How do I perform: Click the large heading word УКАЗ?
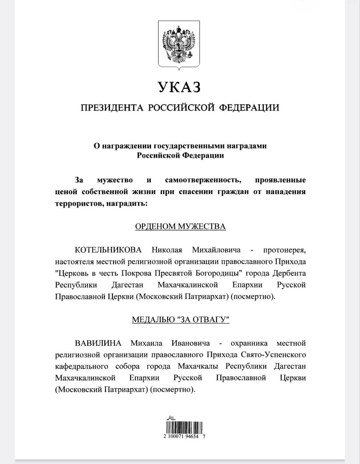(x=179, y=87)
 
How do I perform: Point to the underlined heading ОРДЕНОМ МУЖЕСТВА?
(x=180, y=227)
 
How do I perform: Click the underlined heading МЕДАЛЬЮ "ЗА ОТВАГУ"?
(x=180, y=320)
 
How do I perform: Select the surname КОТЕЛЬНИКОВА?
(x=108, y=250)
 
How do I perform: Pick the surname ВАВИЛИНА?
(x=98, y=343)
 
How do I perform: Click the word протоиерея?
(x=284, y=250)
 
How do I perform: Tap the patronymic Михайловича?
(x=216, y=250)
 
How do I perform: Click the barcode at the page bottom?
(x=184, y=427)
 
